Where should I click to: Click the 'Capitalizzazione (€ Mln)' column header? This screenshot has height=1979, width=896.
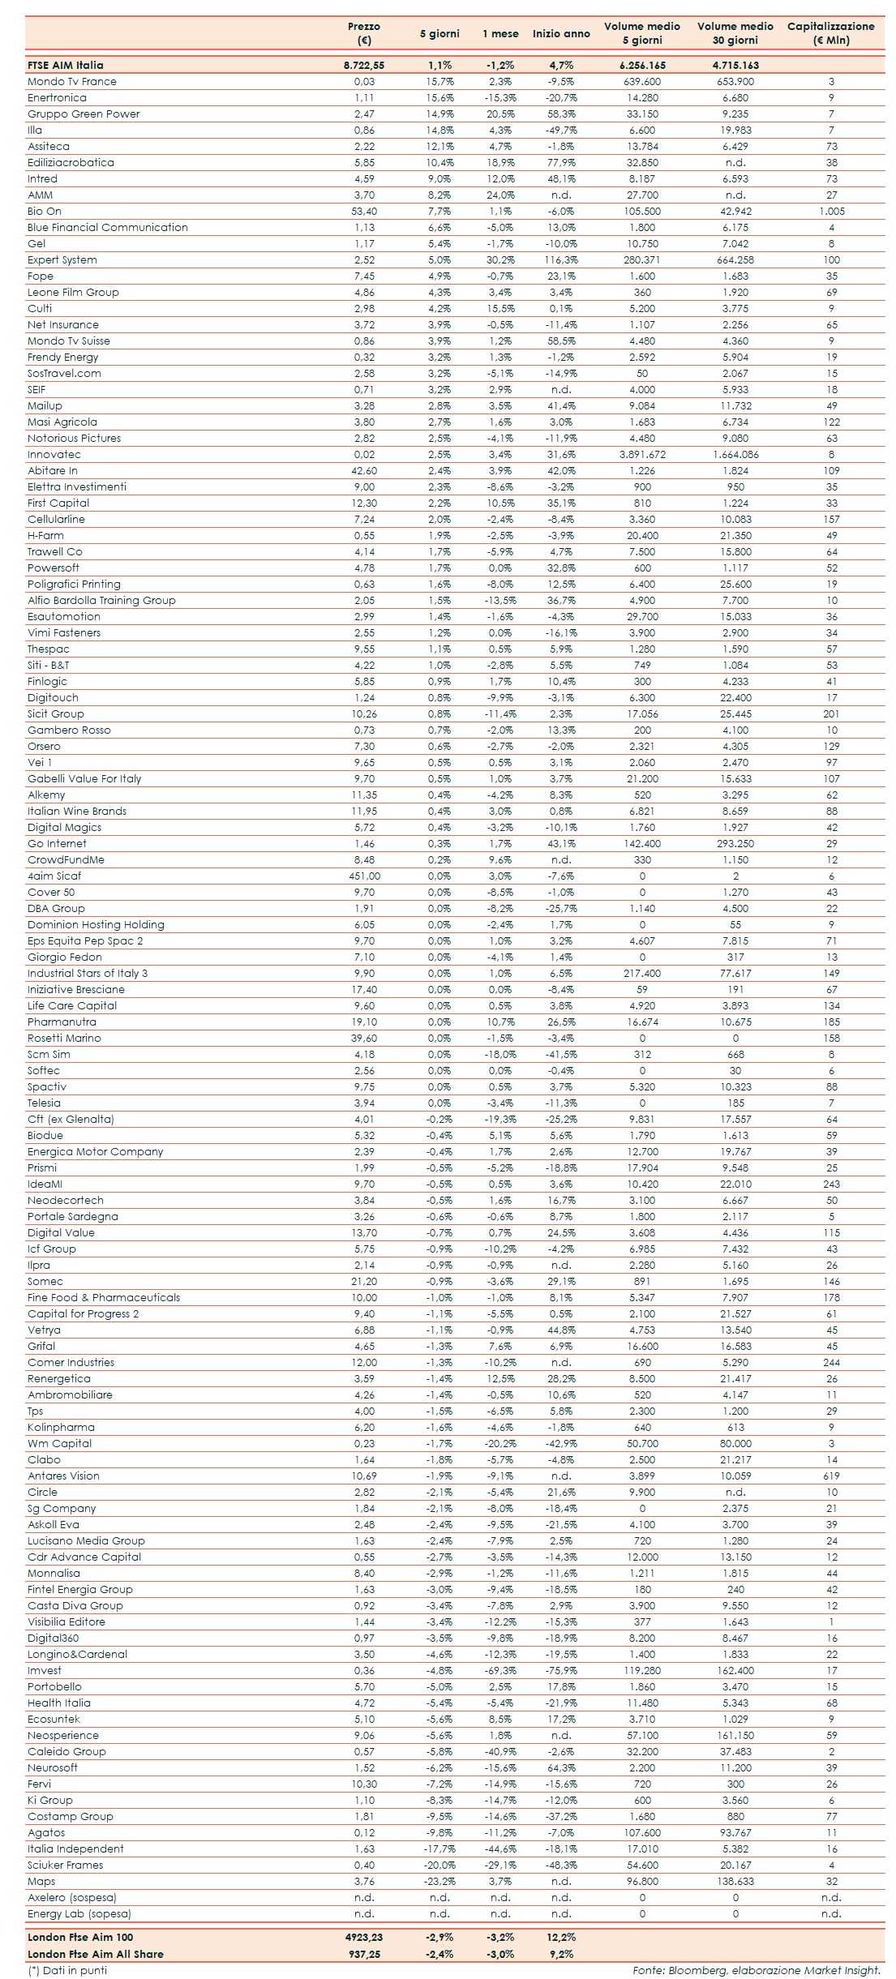point(830,33)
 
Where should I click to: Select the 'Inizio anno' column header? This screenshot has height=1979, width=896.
point(561,34)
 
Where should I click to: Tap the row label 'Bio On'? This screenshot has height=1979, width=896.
point(45,212)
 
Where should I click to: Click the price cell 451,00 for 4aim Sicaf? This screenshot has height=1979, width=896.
point(364,876)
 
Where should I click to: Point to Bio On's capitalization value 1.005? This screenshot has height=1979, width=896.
point(831,212)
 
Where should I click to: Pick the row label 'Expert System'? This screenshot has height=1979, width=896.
point(62,260)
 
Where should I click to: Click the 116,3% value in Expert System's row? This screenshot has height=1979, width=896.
point(561,260)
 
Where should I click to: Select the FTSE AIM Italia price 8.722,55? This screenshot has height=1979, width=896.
point(364,66)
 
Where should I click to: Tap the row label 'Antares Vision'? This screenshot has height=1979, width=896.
point(63,1476)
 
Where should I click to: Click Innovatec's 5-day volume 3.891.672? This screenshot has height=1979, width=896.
point(642,455)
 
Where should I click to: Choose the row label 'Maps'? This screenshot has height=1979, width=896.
point(41,1882)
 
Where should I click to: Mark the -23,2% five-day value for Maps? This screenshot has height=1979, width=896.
point(439,1882)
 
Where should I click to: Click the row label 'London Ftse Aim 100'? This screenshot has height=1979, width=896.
point(80,1937)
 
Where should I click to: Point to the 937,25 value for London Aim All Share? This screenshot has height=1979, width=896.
point(364,1954)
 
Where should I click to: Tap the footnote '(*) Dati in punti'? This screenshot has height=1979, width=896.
point(66,1970)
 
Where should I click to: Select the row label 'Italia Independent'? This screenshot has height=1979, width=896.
point(75,1849)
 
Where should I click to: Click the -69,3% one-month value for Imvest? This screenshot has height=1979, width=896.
point(500,1671)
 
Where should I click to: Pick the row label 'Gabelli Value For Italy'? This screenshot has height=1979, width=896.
point(84,779)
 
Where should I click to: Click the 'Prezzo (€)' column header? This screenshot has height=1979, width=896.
point(364,33)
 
